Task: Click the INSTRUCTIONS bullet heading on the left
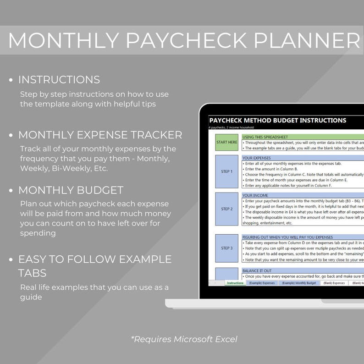(x=59, y=80)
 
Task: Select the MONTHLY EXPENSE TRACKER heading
(x=100, y=135)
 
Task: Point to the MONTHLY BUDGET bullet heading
(x=71, y=190)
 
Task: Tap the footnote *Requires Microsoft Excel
(x=184, y=339)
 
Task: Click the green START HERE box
(x=227, y=142)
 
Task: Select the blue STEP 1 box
(x=227, y=171)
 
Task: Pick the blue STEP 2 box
(x=227, y=209)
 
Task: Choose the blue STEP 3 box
(x=227, y=248)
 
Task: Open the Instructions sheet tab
(x=235, y=283)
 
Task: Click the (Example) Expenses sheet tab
(x=262, y=283)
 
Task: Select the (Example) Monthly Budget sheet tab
(x=299, y=283)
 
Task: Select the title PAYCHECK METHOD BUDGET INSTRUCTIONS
(x=277, y=121)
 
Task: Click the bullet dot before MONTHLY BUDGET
(x=11, y=190)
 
